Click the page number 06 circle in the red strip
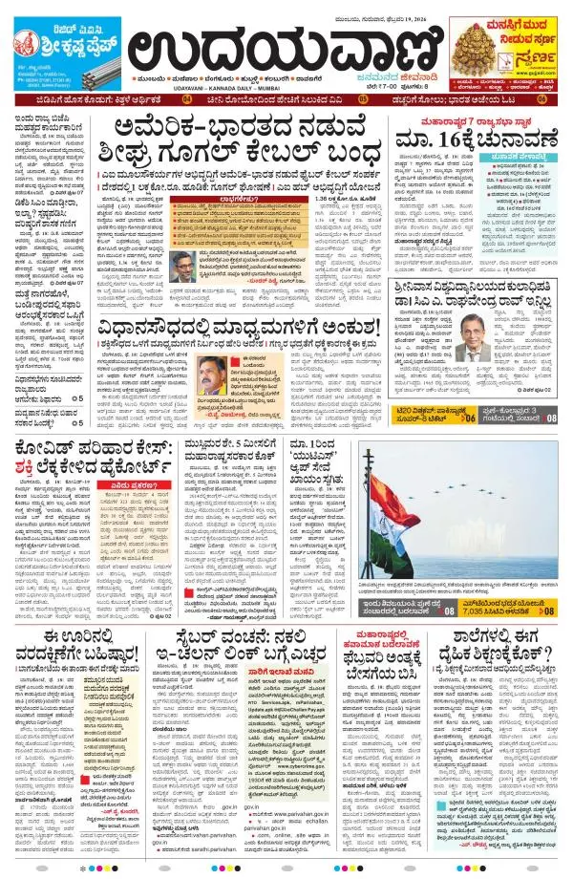pyautogui.click(x=542, y=98)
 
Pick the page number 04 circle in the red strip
pyautogui.click(x=187, y=98)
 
